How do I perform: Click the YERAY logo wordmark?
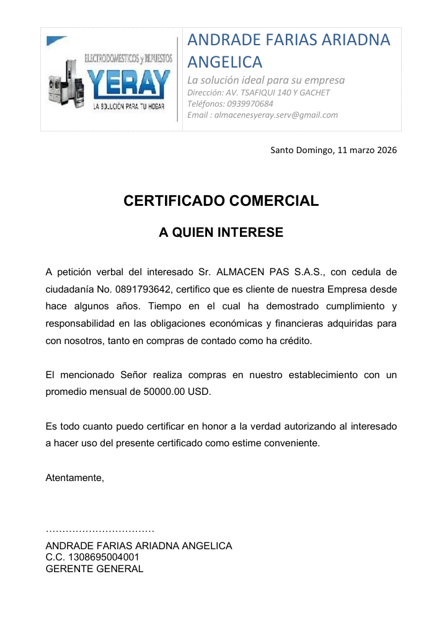[128, 84]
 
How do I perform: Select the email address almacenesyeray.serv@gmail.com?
[276, 115]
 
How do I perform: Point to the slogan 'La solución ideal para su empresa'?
[266, 80]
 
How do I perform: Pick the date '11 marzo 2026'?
[367, 150]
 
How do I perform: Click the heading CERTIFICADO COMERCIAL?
[221, 201]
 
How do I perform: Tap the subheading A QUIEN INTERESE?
[221, 232]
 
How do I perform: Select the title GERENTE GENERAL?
[95, 568]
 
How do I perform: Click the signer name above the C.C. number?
[139, 546]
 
